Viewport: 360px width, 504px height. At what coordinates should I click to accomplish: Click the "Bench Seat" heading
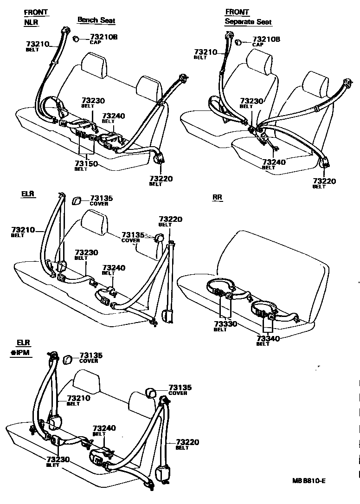click(96, 20)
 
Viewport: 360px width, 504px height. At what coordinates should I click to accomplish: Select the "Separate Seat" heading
click(248, 22)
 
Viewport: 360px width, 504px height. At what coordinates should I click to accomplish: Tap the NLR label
click(31, 22)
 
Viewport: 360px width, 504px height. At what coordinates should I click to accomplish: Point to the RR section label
click(217, 197)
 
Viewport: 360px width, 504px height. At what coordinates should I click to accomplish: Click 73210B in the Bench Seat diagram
click(103, 37)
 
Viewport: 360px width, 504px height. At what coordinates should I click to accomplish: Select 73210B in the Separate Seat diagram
click(266, 39)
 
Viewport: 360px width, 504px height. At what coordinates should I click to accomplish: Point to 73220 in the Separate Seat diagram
click(324, 181)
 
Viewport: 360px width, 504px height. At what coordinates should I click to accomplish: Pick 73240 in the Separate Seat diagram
click(274, 162)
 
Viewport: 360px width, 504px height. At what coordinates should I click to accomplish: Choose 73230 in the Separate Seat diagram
click(252, 101)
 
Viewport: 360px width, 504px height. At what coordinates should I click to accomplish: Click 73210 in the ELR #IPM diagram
click(79, 398)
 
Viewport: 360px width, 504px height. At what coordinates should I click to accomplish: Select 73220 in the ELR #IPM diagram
click(187, 442)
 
